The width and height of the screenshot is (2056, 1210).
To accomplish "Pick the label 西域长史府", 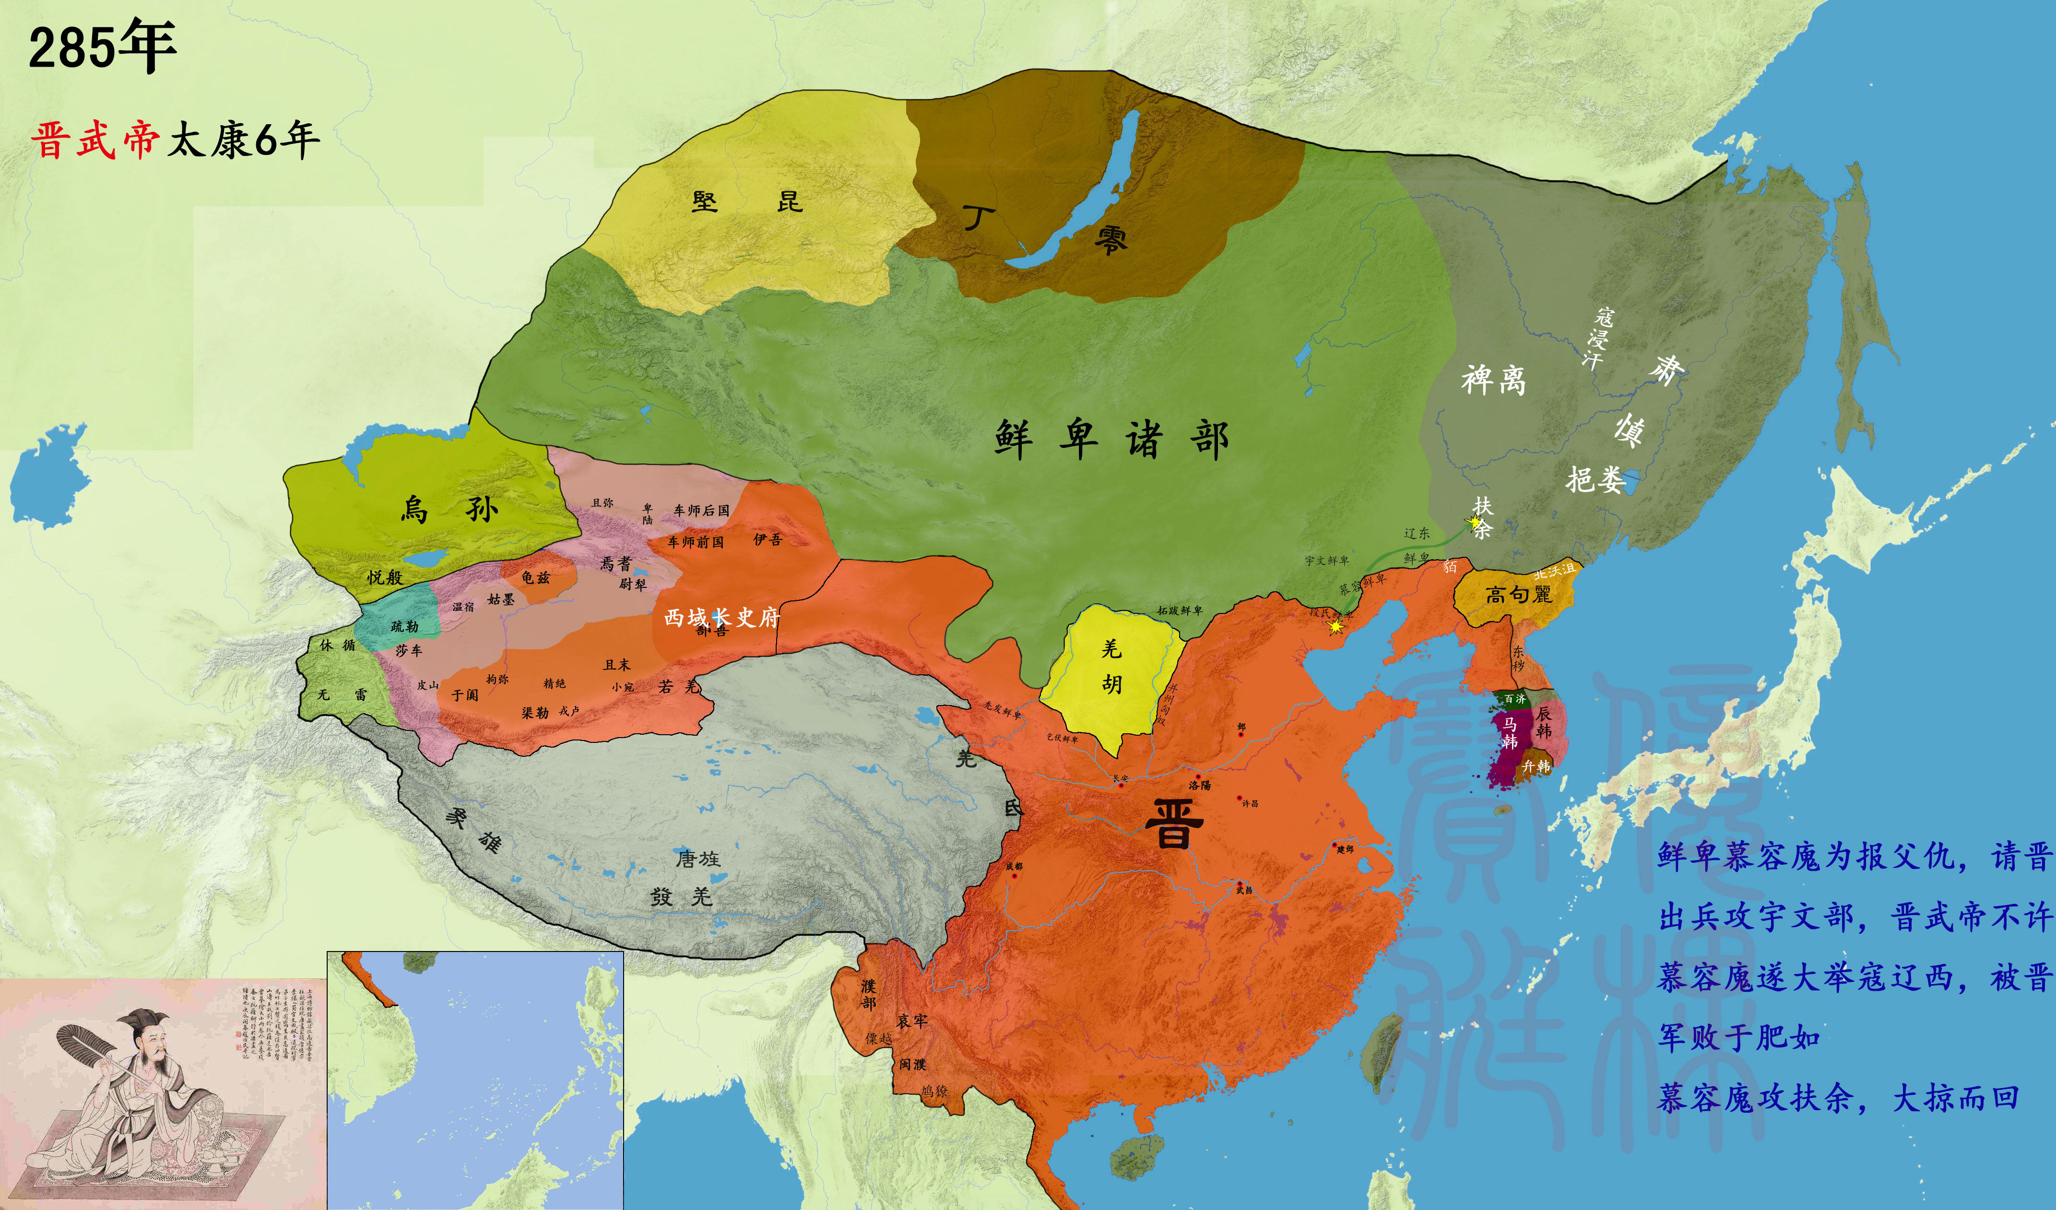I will [x=722, y=618].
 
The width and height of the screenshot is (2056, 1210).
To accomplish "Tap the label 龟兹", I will [x=536, y=578].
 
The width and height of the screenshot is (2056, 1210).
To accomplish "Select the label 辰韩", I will [x=1544, y=722].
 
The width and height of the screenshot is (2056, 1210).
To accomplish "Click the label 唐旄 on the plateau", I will [x=697, y=858].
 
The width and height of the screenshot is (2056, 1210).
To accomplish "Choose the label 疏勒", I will [x=405, y=627].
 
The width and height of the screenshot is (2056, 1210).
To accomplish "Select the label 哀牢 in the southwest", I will [x=912, y=1022].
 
